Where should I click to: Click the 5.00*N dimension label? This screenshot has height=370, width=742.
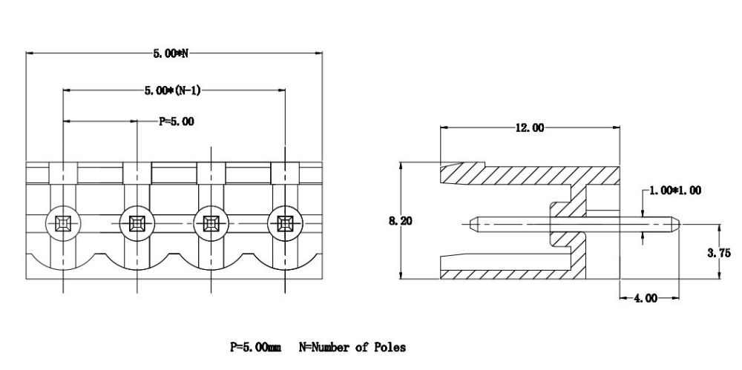coord(171,53)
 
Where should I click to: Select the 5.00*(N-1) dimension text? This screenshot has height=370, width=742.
coord(172,90)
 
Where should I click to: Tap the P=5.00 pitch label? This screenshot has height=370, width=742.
coord(176,122)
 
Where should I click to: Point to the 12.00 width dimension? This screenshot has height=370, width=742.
coord(529,128)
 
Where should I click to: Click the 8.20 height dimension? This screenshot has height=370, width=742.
coord(401,220)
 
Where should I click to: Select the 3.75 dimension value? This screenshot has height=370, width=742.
coord(719,253)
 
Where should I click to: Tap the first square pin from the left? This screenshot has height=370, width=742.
coord(63,223)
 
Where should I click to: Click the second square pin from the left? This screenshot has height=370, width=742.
coord(137,223)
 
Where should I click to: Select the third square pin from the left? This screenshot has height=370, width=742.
coord(211,223)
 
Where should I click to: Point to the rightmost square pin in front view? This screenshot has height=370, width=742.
coord(285,223)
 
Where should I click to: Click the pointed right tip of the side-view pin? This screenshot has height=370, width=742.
coord(680,224)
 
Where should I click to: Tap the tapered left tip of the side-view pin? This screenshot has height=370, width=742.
coord(470,224)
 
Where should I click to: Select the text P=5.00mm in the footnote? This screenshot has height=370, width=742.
coord(255,347)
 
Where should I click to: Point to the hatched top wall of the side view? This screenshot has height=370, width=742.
coord(530,174)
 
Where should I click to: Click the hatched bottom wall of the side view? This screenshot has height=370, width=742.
coord(513,274)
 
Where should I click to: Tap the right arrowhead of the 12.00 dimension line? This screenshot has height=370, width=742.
coord(616,128)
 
